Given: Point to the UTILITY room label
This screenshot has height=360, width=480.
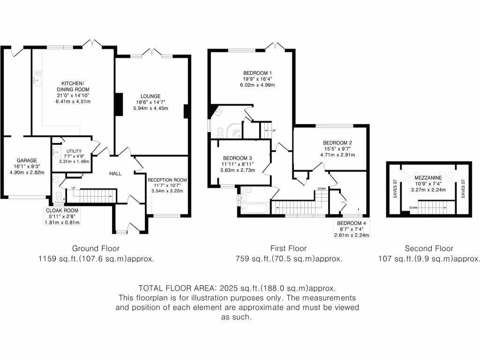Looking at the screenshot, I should (x=74, y=151).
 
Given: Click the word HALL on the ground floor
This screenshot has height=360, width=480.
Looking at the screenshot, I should (x=115, y=173).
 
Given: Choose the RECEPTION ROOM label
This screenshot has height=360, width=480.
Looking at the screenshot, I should (x=167, y=180).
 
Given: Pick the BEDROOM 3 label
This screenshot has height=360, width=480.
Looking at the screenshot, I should (x=238, y=158).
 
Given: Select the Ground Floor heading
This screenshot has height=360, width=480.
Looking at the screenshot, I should (x=96, y=248).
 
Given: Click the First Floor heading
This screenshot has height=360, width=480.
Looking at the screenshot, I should (x=288, y=248).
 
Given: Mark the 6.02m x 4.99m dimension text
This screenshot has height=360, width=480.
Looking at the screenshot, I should (x=257, y=85).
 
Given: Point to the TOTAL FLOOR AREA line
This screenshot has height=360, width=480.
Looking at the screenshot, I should (x=237, y=288).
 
